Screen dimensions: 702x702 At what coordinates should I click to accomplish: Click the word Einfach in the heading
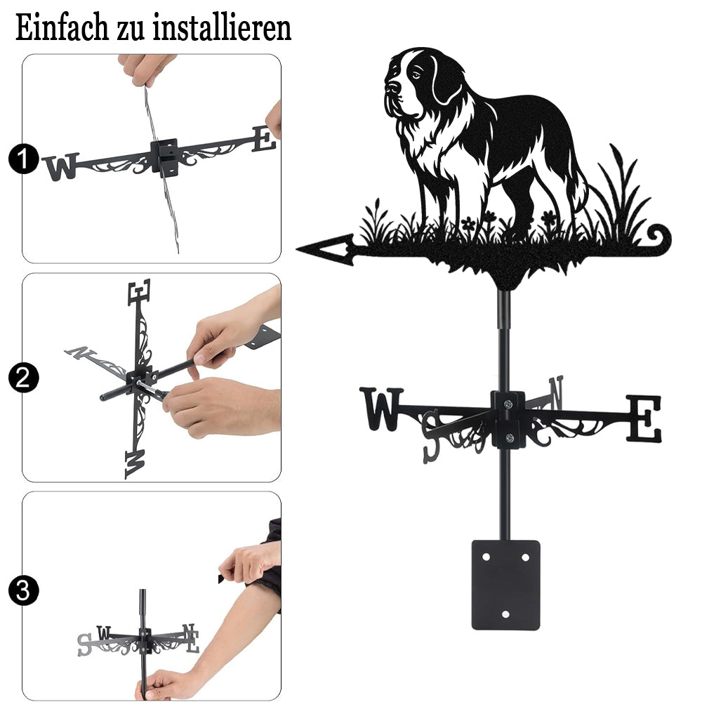(62, 27)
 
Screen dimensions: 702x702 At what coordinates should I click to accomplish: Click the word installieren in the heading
(222, 27)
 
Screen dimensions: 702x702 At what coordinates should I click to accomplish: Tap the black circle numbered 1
(23, 159)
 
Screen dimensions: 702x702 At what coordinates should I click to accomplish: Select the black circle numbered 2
(23, 378)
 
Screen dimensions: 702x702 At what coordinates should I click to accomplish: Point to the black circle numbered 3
(23, 590)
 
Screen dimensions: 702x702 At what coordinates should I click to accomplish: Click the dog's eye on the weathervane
(416, 75)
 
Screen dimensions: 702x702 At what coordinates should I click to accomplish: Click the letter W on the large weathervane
(381, 409)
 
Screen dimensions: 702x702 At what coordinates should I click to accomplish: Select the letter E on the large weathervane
(644, 418)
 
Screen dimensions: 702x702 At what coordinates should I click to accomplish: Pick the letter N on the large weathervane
(555, 392)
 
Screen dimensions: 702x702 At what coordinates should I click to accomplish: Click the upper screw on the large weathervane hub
(508, 404)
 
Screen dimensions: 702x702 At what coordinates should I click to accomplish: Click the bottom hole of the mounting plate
(506, 614)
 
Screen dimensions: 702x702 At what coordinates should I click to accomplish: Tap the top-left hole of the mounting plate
(486, 557)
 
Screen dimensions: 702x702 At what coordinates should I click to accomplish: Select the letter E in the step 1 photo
(264, 139)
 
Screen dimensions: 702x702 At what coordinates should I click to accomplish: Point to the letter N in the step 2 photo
(81, 352)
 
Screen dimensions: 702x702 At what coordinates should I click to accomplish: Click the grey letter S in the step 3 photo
(84, 644)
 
